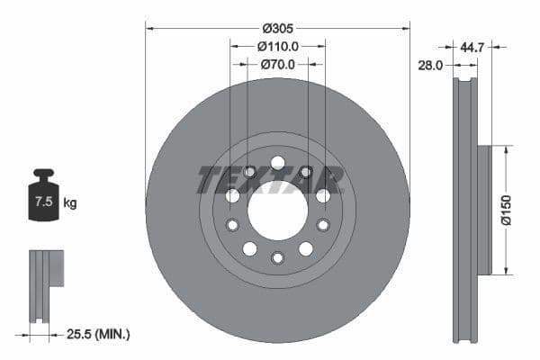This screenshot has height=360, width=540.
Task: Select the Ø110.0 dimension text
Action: point(277,45)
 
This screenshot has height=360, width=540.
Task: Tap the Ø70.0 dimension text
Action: point(277,64)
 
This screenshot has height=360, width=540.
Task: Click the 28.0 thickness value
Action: point(430,65)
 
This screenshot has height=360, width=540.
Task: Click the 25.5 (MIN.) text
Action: point(99,334)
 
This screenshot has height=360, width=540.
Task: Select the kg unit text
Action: point(70,202)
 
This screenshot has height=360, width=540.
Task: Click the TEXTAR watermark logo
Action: point(270,179)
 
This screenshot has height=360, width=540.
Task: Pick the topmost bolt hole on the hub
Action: point(277,163)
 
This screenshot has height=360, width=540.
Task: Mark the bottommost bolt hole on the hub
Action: point(277,258)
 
